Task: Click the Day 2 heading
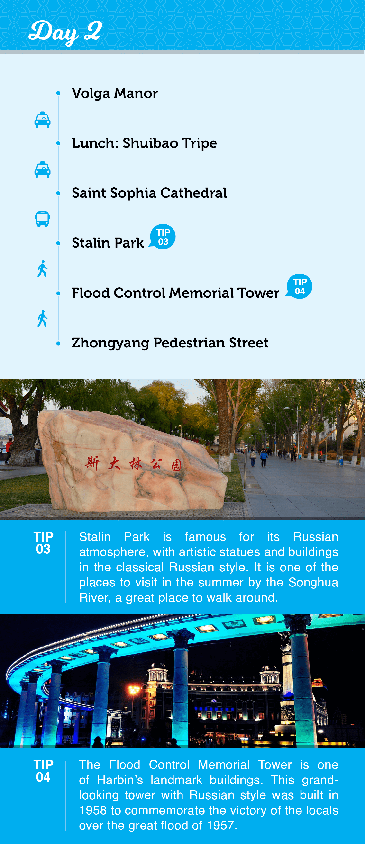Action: pyautogui.click(x=65, y=32)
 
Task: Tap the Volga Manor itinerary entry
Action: pyautogui.click(x=115, y=93)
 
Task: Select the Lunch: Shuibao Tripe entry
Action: pyautogui.click(x=144, y=143)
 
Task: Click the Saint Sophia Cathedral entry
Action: pyautogui.click(x=149, y=193)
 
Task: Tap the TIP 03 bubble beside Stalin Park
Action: pyautogui.click(x=163, y=237)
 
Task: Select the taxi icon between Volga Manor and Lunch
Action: pyautogui.click(x=42, y=120)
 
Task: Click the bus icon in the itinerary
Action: pyautogui.click(x=42, y=219)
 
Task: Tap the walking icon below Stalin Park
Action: pyautogui.click(x=42, y=269)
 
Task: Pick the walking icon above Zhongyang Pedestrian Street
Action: pyautogui.click(x=42, y=319)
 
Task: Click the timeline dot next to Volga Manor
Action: pyautogui.click(x=58, y=93)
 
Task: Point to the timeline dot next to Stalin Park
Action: pyautogui.click(x=58, y=243)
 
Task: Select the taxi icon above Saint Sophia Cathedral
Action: pyautogui.click(x=42, y=169)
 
